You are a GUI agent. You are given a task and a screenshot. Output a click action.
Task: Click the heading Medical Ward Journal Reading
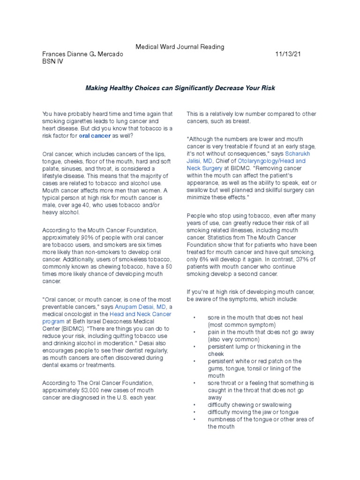tap(180, 47)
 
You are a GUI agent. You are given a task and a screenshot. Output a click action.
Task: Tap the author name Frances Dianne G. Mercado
tap(82, 54)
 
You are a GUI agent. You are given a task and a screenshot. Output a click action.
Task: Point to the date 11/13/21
tap(288, 54)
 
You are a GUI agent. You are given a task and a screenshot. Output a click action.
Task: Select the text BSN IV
tap(52, 62)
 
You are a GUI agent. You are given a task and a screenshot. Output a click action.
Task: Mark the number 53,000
tap(94, 390)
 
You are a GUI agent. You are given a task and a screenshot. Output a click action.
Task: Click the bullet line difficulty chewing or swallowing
tap(249, 405)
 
